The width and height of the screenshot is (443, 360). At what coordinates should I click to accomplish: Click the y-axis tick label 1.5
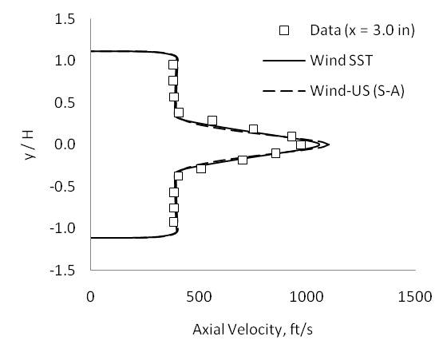(65, 18)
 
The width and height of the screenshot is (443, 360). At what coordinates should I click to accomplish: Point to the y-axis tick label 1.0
(65, 61)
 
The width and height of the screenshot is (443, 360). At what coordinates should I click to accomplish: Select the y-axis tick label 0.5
(65, 102)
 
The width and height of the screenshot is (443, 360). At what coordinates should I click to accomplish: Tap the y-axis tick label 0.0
(65, 144)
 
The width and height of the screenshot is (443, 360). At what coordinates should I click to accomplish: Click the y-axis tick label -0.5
(63, 186)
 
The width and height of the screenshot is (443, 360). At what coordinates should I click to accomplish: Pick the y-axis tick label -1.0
(63, 228)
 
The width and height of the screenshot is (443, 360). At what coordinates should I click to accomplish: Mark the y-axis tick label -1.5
(63, 270)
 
